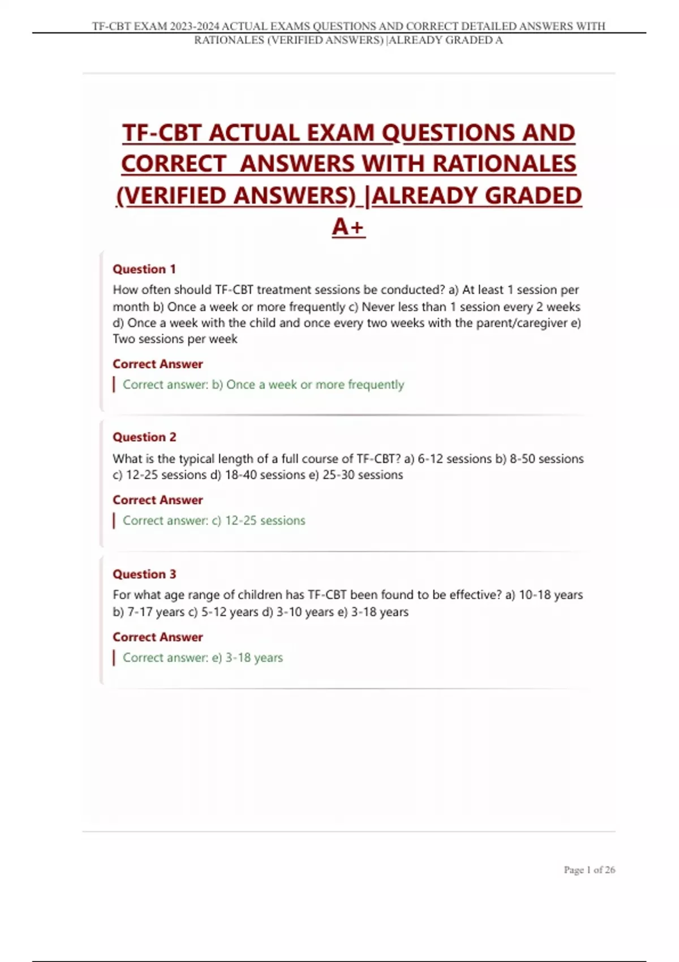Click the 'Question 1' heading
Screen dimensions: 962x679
[x=144, y=269]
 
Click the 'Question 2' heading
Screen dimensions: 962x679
[x=144, y=437]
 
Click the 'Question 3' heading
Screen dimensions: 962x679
[x=144, y=574]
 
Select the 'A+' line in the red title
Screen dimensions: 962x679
[x=349, y=227]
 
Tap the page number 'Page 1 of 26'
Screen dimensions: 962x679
[x=589, y=870]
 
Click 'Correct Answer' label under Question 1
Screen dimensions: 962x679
[x=157, y=364]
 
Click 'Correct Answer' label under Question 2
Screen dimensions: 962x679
[x=157, y=500]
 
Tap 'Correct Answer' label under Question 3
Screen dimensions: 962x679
[x=157, y=637]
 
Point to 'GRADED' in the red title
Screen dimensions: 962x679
[x=533, y=196]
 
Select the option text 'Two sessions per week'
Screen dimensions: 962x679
[x=175, y=340]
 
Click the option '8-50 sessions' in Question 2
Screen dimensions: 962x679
[x=547, y=459]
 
